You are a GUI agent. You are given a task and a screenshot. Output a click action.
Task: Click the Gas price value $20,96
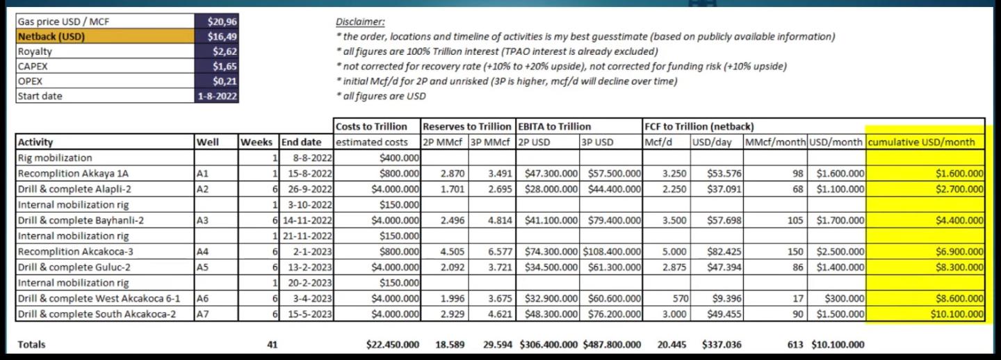click(x=222, y=22)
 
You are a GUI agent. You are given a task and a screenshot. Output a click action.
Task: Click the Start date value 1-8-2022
click(x=218, y=96)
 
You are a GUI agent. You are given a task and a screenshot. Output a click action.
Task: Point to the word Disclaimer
click(x=359, y=22)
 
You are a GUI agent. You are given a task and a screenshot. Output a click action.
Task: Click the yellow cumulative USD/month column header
click(x=925, y=142)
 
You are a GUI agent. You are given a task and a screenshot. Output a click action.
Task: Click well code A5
click(x=202, y=267)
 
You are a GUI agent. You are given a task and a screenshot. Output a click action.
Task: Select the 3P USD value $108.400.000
click(x=612, y=252)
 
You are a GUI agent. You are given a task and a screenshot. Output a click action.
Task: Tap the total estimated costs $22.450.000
click(x=392, y=344)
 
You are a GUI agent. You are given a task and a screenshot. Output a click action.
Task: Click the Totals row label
click(x=32, y=344)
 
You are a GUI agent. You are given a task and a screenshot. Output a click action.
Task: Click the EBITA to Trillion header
click(x=554, y=126)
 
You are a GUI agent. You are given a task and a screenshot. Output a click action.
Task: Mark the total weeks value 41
click(x=272, y=344)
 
